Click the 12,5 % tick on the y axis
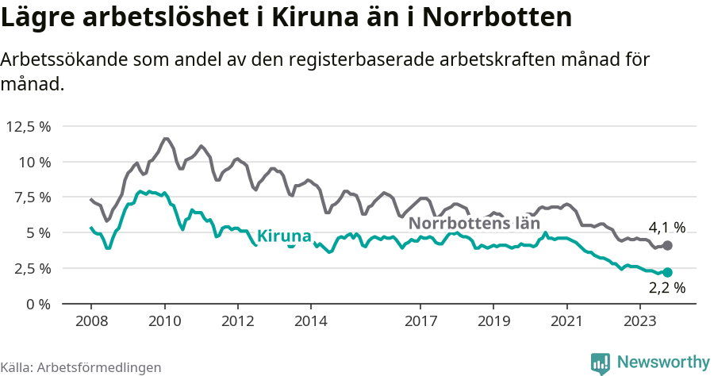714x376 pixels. coord(29,126)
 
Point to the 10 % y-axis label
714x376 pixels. coord(34,162)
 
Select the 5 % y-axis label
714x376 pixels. coord(38,232)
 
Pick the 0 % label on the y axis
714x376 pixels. coord(38,304)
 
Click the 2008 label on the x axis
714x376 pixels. coord(90,321)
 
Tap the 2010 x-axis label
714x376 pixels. coord(164,321)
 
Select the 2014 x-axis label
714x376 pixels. coord(310,321)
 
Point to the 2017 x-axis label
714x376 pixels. coord(420,321)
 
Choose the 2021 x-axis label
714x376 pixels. coord(567,321)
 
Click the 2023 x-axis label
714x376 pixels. coord(640,321)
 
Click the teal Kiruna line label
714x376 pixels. coord(283,236)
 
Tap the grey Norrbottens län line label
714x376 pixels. coord(474,224)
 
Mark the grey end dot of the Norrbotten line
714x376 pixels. coord(667,246)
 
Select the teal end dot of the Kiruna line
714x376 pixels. coord(667,272)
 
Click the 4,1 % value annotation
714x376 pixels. coord(666,228)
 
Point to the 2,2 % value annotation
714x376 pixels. coord(666,289)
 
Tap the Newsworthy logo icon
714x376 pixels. coord(601,363)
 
